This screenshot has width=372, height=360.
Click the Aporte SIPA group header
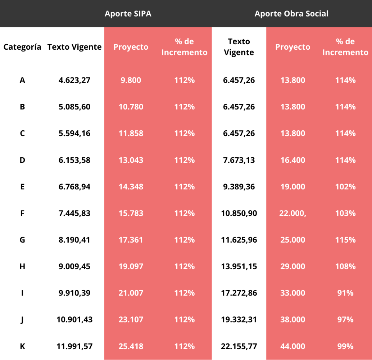click(x=128, y=14)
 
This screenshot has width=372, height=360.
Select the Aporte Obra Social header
click(x=291, y=14)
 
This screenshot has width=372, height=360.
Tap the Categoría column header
click(x=22, y=47)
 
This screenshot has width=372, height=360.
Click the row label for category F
click(x=22, y=213)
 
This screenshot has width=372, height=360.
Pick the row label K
click(x=22, y=346)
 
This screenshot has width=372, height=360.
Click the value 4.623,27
click(x=74, y=80)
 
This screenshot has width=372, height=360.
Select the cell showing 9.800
click(x=131, y=80)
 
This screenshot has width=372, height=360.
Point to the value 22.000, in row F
click(x=292, y=213)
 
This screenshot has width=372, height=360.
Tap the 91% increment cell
click(x=345, y=293)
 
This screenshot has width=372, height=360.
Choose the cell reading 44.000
click(x=292, y=346)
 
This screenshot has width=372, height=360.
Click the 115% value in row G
click(x=345, y=240)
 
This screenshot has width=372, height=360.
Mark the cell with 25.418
click(x=131, y=346)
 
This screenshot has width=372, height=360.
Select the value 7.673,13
click(x=239, y=160)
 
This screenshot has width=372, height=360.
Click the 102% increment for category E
click(x=345, y=186)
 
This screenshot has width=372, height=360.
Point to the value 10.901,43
click(x=74, y=320)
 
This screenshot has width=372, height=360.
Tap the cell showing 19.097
click(x=131, y=266)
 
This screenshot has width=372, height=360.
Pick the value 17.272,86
click(x=239, y=293)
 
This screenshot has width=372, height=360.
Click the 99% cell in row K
click(x=345, y=346)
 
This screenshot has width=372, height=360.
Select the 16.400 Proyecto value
click(x=292, y=160)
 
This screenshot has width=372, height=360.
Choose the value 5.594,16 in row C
click(x=74, y=133)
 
